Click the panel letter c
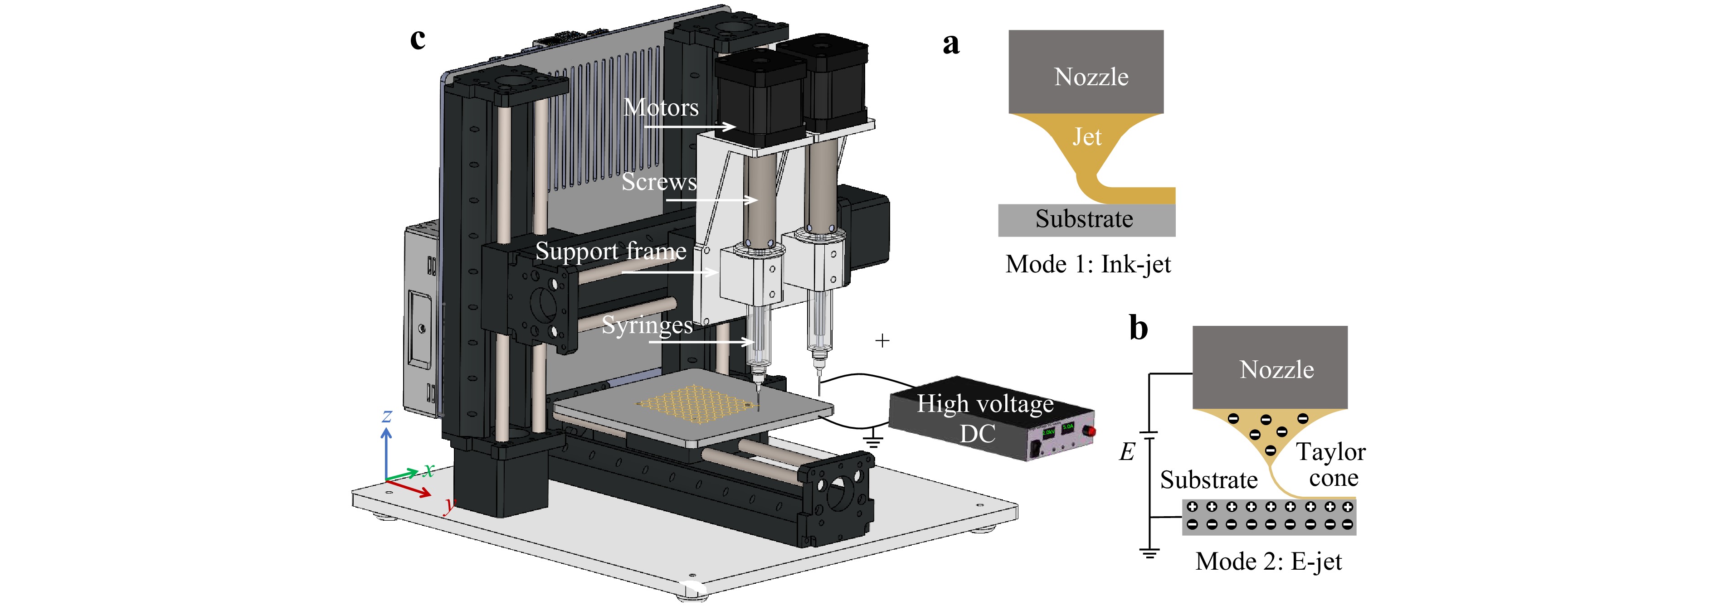418,39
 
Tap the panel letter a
951,44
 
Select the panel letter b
1139,327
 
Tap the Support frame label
611,252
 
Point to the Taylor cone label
1331,465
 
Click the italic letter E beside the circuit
1126,452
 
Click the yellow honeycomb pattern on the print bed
697,403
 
